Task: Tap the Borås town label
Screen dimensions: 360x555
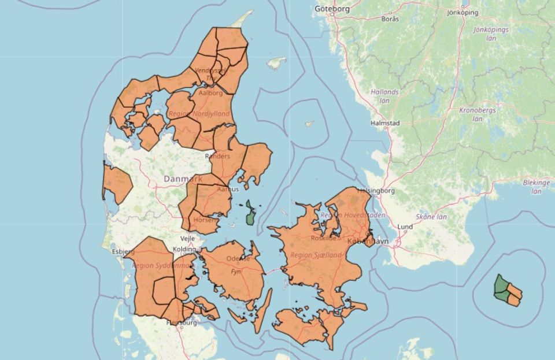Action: point(391,18)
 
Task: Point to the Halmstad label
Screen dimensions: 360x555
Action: point(388,123)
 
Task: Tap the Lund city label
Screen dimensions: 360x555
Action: point(405,227)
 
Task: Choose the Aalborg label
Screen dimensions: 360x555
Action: point(210,92)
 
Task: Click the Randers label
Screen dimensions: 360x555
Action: point(217,156)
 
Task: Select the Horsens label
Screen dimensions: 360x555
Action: point(208,220)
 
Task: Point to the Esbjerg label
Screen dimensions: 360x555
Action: point(123,251)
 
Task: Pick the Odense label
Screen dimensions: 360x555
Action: point(238,258)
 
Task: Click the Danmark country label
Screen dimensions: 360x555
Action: point(183,179)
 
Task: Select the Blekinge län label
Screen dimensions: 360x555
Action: point(536,186)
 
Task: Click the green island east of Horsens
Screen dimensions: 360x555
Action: point(251,213)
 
